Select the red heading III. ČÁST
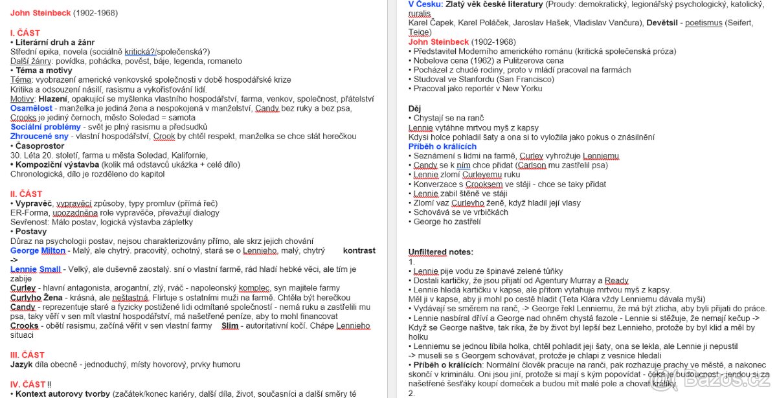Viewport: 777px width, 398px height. (28, 355)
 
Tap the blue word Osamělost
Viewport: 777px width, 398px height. (32, 108)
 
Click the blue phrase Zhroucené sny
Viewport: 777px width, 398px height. (39, 137)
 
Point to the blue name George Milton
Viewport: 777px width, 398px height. (38, 250)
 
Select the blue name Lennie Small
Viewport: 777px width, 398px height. (36, 269)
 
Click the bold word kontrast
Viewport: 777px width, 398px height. (359, 250)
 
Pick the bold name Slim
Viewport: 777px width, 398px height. (230, 326)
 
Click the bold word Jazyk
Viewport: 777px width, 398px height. (21, 364)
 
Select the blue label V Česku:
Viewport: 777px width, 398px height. (425, 5)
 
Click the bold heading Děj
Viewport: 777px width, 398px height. (415, 109)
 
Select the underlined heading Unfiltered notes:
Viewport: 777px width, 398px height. (441, 252)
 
